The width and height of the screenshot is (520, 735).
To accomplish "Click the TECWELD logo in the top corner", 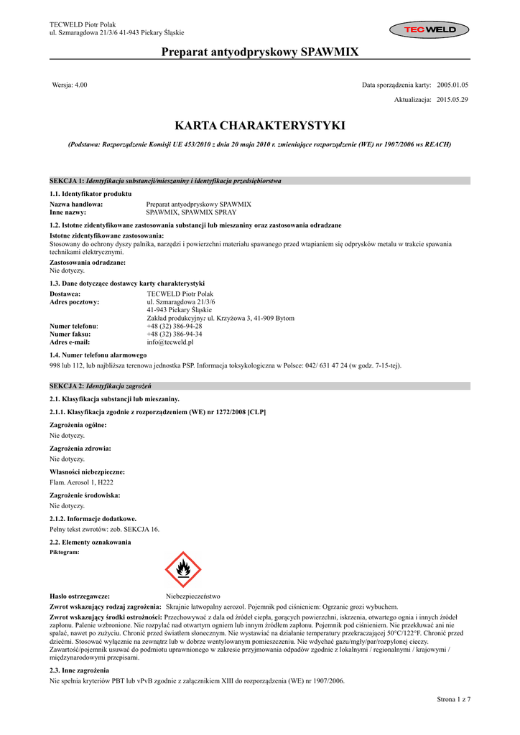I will [x=429, y=29].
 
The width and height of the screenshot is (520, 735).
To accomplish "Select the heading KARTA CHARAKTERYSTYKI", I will [x=260, y=126].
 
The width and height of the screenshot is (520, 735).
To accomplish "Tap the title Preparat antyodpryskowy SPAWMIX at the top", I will [x=260, y=51].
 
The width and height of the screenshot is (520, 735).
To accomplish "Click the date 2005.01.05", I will [x=452, y=85].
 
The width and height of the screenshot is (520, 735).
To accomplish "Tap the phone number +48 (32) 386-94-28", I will [x=175, y=326].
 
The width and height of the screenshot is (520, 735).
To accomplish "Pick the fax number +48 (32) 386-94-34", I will [x=175, y=334].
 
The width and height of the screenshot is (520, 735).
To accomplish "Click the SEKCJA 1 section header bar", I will [x=260, y=181].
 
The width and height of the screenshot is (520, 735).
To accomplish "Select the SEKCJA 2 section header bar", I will [x=260, y=385].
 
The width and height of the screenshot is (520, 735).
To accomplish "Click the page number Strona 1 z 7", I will [x=453, y=698].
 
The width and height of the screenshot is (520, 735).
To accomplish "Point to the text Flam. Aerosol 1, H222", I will [x=81, y=482].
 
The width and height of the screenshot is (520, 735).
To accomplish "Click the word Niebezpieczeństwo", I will [x=193, y=596].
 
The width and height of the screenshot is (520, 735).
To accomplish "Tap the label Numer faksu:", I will [x=70, y=334].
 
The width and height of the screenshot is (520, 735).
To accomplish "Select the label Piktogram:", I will [x=65, y=552].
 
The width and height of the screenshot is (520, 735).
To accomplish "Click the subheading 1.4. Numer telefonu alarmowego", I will [x=98, y=355].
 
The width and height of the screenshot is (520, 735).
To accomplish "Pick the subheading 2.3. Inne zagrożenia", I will [x=79, y=670].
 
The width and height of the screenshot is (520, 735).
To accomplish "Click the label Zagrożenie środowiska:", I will [x=85, y=495].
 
